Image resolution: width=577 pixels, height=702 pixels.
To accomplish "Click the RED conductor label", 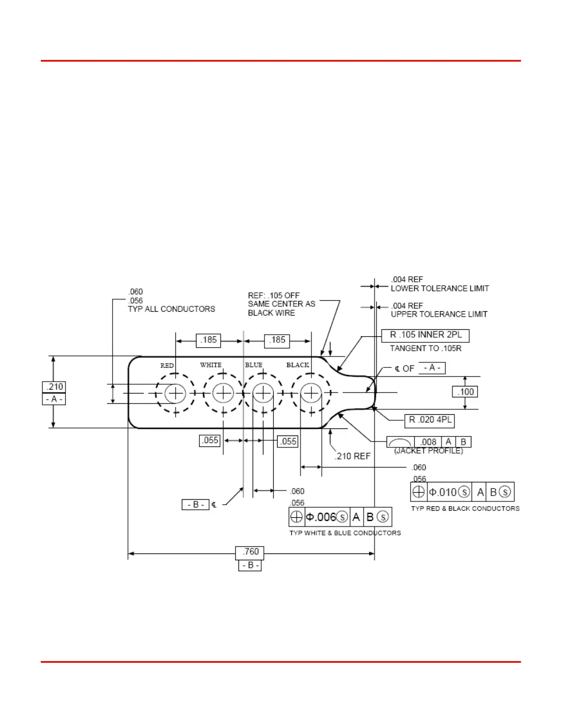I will tap(167, 366).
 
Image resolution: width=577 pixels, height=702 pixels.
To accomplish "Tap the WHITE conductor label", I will tap(211, 365).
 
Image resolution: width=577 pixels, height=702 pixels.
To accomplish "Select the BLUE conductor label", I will tap(254, 365).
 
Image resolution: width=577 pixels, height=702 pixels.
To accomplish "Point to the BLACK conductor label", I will tap(298, 365).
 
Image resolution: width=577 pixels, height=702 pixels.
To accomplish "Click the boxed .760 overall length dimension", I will tap(250, 552).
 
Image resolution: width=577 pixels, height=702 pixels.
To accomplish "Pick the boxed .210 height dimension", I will tap(54, 387).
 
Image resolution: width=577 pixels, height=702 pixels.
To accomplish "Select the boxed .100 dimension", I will tap(466, 392).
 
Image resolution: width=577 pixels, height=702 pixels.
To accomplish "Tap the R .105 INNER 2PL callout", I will tap(425, 335).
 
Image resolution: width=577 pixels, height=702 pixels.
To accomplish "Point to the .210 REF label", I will tap(352, 456).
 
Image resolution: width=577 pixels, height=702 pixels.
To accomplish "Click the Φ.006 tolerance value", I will tap(321, 517).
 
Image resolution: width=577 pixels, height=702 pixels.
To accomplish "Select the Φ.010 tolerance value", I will tap(443, 492).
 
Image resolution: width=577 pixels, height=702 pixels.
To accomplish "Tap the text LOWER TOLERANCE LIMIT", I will tap(440, 288).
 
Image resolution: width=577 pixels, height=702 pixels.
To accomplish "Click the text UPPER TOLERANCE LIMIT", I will tap(439, 314).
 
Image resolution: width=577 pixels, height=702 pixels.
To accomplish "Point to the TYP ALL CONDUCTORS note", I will tap(171, 309).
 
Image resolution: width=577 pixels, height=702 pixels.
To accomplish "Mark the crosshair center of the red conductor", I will tap(176, 392).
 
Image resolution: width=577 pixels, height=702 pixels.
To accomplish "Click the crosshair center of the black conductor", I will tap(311, 392).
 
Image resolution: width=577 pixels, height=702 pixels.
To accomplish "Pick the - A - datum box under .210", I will tap(54, 399).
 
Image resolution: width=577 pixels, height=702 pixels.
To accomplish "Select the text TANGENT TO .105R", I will tap(426, 348).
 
